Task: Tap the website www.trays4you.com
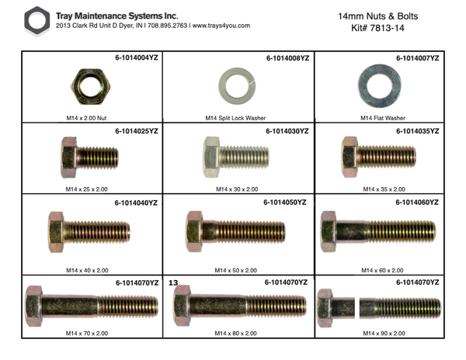221,26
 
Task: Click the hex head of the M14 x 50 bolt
193,230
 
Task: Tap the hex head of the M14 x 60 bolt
328,230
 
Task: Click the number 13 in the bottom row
173,284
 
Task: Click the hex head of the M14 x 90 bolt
326,305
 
